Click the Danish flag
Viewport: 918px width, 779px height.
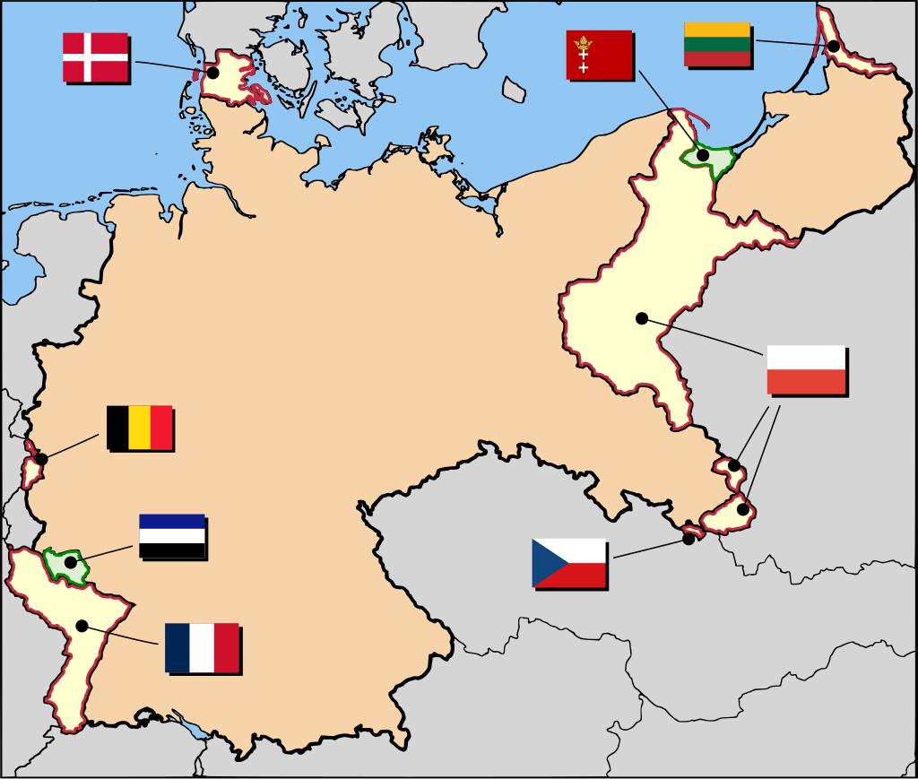click(x=95, y=57)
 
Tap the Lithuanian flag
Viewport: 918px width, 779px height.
click(x=717, y=44)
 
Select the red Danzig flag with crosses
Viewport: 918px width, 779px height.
click(x=599, y=55)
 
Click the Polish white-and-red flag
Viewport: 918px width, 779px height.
click(x=806, y=369)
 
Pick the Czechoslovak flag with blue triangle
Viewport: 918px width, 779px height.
click(x=568, y=563)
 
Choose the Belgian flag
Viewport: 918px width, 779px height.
click(x=139, y=428)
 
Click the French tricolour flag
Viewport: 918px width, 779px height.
click(x=202, y=647)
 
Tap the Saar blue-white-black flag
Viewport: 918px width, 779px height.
click(x=171, y=536)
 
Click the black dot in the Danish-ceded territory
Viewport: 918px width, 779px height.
click(x=213, y=73)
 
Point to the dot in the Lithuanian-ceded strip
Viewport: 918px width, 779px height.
click(x=834, y=46)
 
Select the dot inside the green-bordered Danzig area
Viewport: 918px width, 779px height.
click(x=704, y=155)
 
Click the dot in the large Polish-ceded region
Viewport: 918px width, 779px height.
click(x=642, y=317)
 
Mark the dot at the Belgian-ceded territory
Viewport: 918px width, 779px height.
click(x=41, y=459)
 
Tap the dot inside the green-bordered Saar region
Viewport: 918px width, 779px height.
click(x=70, y=562)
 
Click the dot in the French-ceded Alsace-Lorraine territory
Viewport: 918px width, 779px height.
click(x=82, y=626)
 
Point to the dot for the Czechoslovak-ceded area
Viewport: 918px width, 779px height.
click(x=688, y=538)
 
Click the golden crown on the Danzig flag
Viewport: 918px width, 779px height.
click(x=584, y=41)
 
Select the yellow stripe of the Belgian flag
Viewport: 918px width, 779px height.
click(x=139, y=428)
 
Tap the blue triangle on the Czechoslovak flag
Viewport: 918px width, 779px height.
click(x=545, y=563)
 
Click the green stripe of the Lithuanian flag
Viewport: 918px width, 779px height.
click(x=717, y=44)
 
